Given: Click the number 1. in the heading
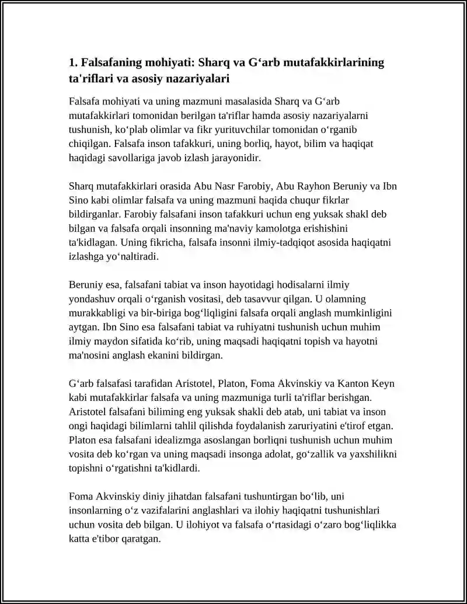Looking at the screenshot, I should [x=73, y=62].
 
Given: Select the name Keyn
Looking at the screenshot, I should [x=385, y=383].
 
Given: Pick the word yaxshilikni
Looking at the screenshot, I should [x=370, y=453].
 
